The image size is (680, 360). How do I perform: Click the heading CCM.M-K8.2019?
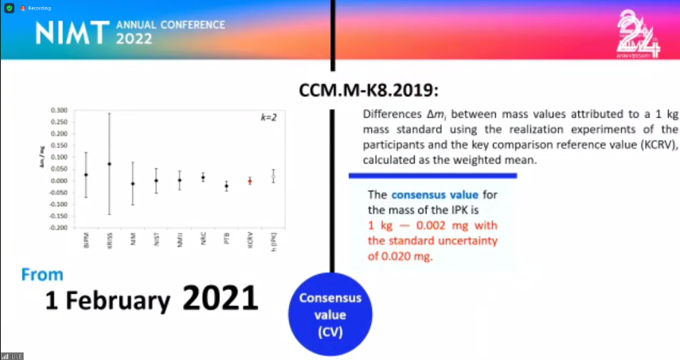[369, 90]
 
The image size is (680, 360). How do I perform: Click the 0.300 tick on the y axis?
[59, 110]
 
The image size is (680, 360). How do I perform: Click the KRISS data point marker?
[110, 164]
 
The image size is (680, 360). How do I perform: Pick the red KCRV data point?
[250, 181]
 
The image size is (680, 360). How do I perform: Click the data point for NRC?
[203, 177]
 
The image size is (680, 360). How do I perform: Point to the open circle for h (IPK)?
[273, 176]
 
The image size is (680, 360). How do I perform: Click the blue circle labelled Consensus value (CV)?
[330, 314]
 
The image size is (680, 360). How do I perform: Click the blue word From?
[42, 275]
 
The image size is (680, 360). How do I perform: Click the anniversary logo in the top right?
[639, 36]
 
